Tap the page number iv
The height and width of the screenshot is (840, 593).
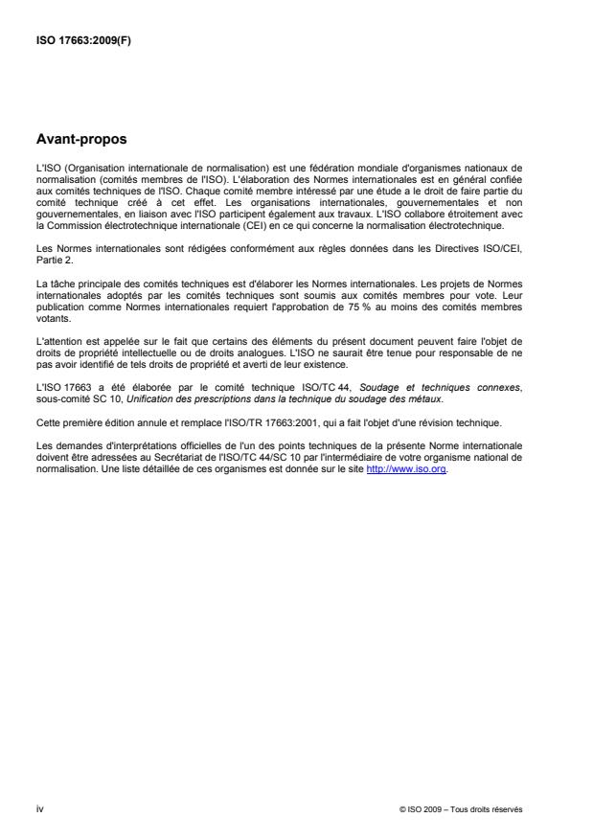click(x=38, y=808)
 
